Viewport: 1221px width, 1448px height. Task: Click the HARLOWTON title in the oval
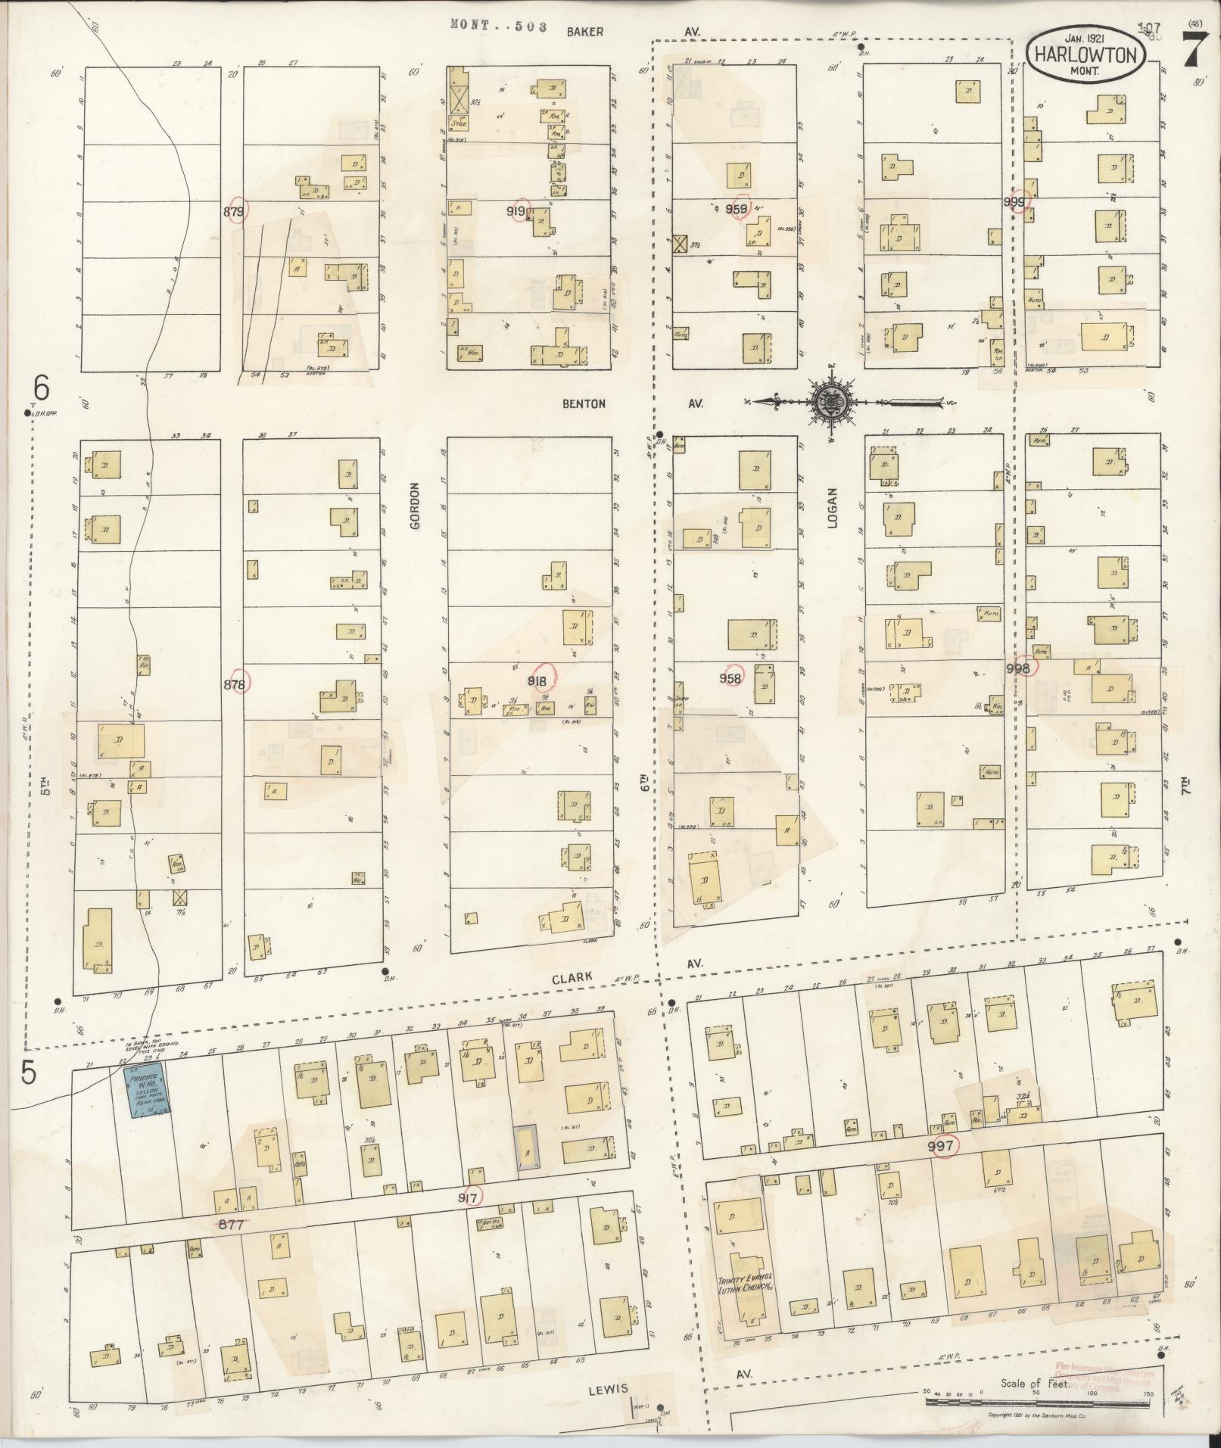point(1085,55)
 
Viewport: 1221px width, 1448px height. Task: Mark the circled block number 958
point(731,678)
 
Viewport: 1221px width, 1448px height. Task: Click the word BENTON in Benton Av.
point(584,404)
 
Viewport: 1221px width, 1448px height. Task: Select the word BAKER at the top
point(585,32)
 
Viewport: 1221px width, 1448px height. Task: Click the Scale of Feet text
point(1033,1384)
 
